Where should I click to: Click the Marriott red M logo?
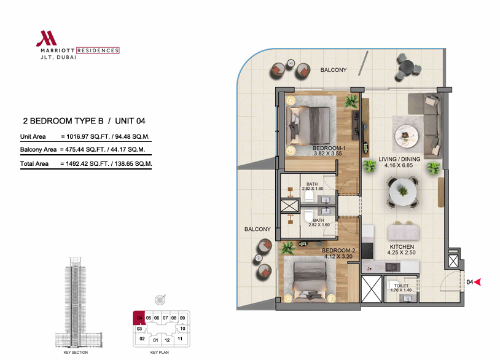(x=47, y=38)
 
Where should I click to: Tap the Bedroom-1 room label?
(x=329, y=151)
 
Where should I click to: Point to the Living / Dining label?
(x=399, y=162)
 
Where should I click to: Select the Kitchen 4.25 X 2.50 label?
(x=402, y=249)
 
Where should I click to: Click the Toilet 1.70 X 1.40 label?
(x=401, y=288)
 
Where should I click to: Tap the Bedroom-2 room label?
(x=338, y=253)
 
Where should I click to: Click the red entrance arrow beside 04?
(x=477, y=282)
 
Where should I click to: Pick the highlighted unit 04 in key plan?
(x=139, y=318)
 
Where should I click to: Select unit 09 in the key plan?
(x=182, y=318)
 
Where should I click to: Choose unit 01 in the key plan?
(x=155, y=340)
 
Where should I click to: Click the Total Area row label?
(x=34, y=163)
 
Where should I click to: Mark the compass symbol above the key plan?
(x=160, y=300)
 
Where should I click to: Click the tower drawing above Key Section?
(x=76, y=302)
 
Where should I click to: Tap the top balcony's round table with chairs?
(x=408, y=68)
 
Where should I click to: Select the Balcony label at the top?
(x=333, y=70)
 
